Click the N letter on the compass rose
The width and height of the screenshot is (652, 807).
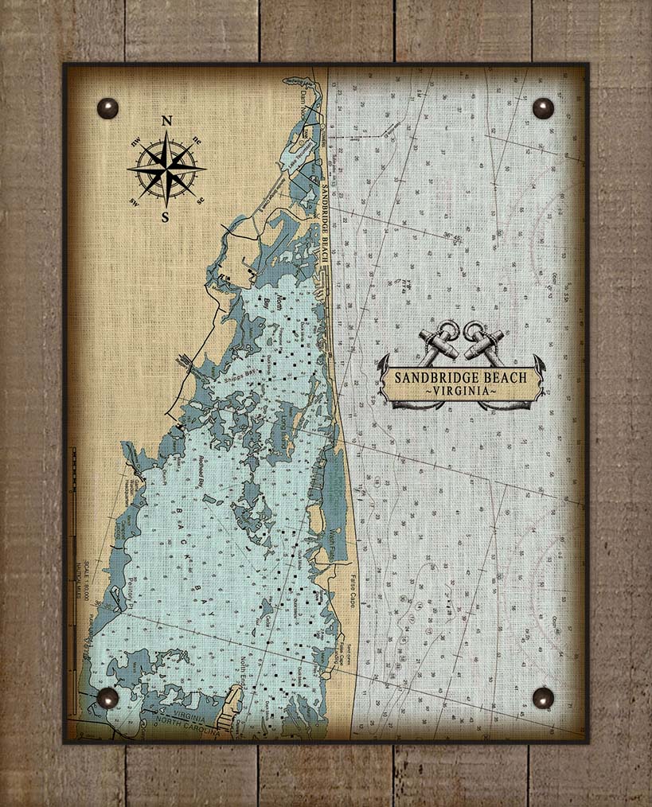tap(166, 121)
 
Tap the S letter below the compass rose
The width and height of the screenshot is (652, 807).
tap(166, 216)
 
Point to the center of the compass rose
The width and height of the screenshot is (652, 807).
tap(166, 169)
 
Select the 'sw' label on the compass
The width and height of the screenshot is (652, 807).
tap(135, 201)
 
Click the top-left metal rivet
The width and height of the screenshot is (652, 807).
tap(107, 108)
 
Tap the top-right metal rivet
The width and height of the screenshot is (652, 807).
tap(543, 108)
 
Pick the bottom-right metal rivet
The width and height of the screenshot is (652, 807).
tap(543, 698)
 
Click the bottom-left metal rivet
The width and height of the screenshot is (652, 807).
tap(107, 698)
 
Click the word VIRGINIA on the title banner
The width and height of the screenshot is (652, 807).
tap(461, 392)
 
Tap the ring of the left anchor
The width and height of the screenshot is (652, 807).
tap(449, 329)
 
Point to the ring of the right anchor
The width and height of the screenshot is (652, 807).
tap(474, 329)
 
